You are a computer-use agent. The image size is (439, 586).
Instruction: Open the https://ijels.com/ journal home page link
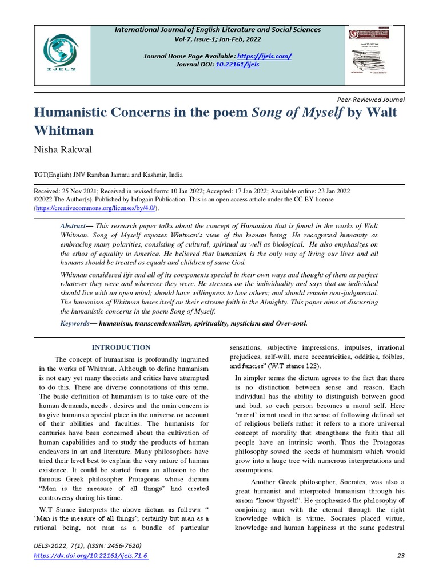click(270, 56)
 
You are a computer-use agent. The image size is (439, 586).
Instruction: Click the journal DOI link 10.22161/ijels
click(237, 65)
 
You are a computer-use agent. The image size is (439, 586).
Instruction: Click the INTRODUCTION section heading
click(121, 347)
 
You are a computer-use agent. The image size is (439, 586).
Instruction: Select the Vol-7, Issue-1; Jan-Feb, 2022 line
click(219, 39)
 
